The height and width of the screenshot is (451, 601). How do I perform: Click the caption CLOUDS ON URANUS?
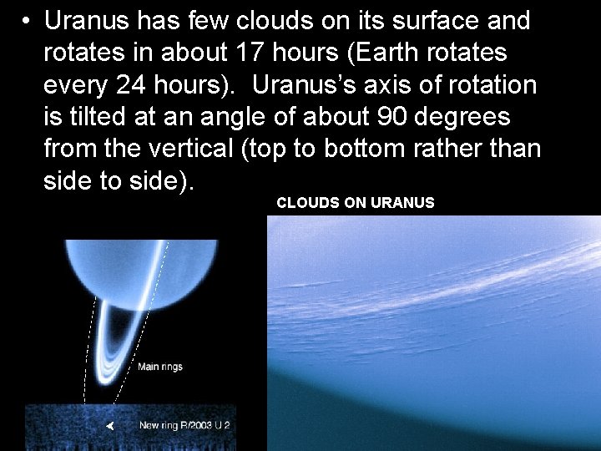point(356,202)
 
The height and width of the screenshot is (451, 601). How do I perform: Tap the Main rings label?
point(159,367)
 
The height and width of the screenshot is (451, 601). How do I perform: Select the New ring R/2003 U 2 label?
point(184,425)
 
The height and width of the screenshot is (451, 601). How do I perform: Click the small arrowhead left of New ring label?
point(109,426)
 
